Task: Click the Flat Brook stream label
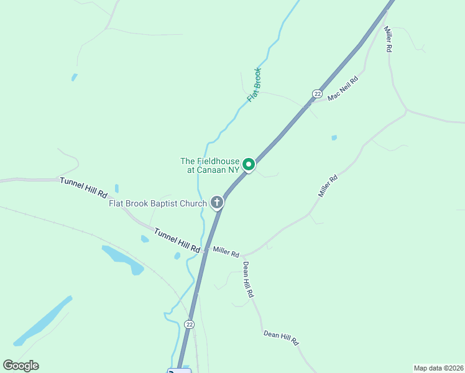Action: [254, 85]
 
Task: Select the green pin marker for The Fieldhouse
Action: [249, 164]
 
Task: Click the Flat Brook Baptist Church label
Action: [157, 203]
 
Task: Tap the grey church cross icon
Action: [217, 201]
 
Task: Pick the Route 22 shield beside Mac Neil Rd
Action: [317, 94]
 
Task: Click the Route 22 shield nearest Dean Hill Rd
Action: [190, 325]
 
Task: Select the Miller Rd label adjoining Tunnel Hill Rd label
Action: [226, 252]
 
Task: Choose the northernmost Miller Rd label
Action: [388, 39]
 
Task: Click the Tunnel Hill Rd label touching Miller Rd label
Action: [177, 240]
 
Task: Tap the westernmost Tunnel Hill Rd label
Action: [83, 187]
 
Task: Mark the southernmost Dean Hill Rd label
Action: [281, 338]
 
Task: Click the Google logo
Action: [21, 366]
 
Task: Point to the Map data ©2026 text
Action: [438, 367]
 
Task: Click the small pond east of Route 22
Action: [334, 137]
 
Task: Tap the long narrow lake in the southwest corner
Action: [44, 320]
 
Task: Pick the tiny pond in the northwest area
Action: [75, 78]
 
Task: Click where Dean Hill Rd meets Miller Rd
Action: [244, 256]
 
